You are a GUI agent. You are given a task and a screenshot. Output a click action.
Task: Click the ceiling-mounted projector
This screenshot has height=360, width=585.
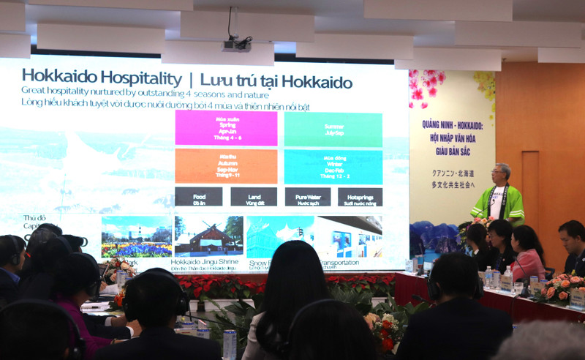coord(236,45)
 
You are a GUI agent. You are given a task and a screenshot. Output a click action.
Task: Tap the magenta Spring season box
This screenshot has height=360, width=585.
coord(226,128)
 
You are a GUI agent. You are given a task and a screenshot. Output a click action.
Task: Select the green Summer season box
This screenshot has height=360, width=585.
coord(333,130)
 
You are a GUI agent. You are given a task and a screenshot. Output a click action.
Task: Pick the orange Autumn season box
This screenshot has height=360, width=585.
coord(226,166)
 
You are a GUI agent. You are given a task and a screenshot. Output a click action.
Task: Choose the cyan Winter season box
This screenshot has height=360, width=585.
coord(333,166)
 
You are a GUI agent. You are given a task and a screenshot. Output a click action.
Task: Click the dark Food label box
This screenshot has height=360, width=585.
coord(198,197)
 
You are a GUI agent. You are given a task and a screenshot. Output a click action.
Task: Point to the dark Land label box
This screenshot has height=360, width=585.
coord(254,197)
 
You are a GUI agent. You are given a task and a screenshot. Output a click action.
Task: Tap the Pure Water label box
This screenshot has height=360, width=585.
coord(307,197)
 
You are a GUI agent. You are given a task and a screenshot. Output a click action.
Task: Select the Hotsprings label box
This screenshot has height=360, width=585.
coord(360,197)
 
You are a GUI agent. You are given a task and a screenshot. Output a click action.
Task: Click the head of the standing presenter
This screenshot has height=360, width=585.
coord(502,173)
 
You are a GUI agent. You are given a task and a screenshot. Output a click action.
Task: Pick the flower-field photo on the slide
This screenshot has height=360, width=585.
coord(137,236)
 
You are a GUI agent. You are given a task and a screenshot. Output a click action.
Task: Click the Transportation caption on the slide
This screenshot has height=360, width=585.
coord(354,262)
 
